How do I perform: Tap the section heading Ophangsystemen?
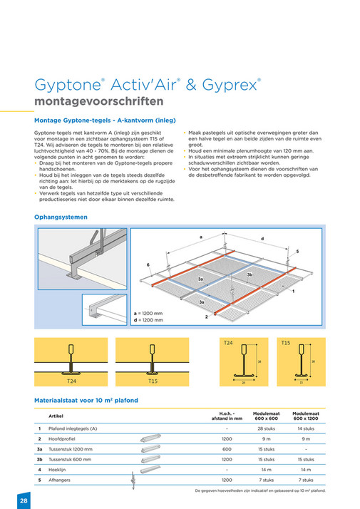61,217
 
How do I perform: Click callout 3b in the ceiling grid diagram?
250,274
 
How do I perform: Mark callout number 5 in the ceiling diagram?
297,252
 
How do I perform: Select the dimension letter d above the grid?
262,237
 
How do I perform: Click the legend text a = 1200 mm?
149,313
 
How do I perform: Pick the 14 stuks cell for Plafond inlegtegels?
305,428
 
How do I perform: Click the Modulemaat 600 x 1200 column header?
305,415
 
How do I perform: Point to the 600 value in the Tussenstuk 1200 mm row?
226,449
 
